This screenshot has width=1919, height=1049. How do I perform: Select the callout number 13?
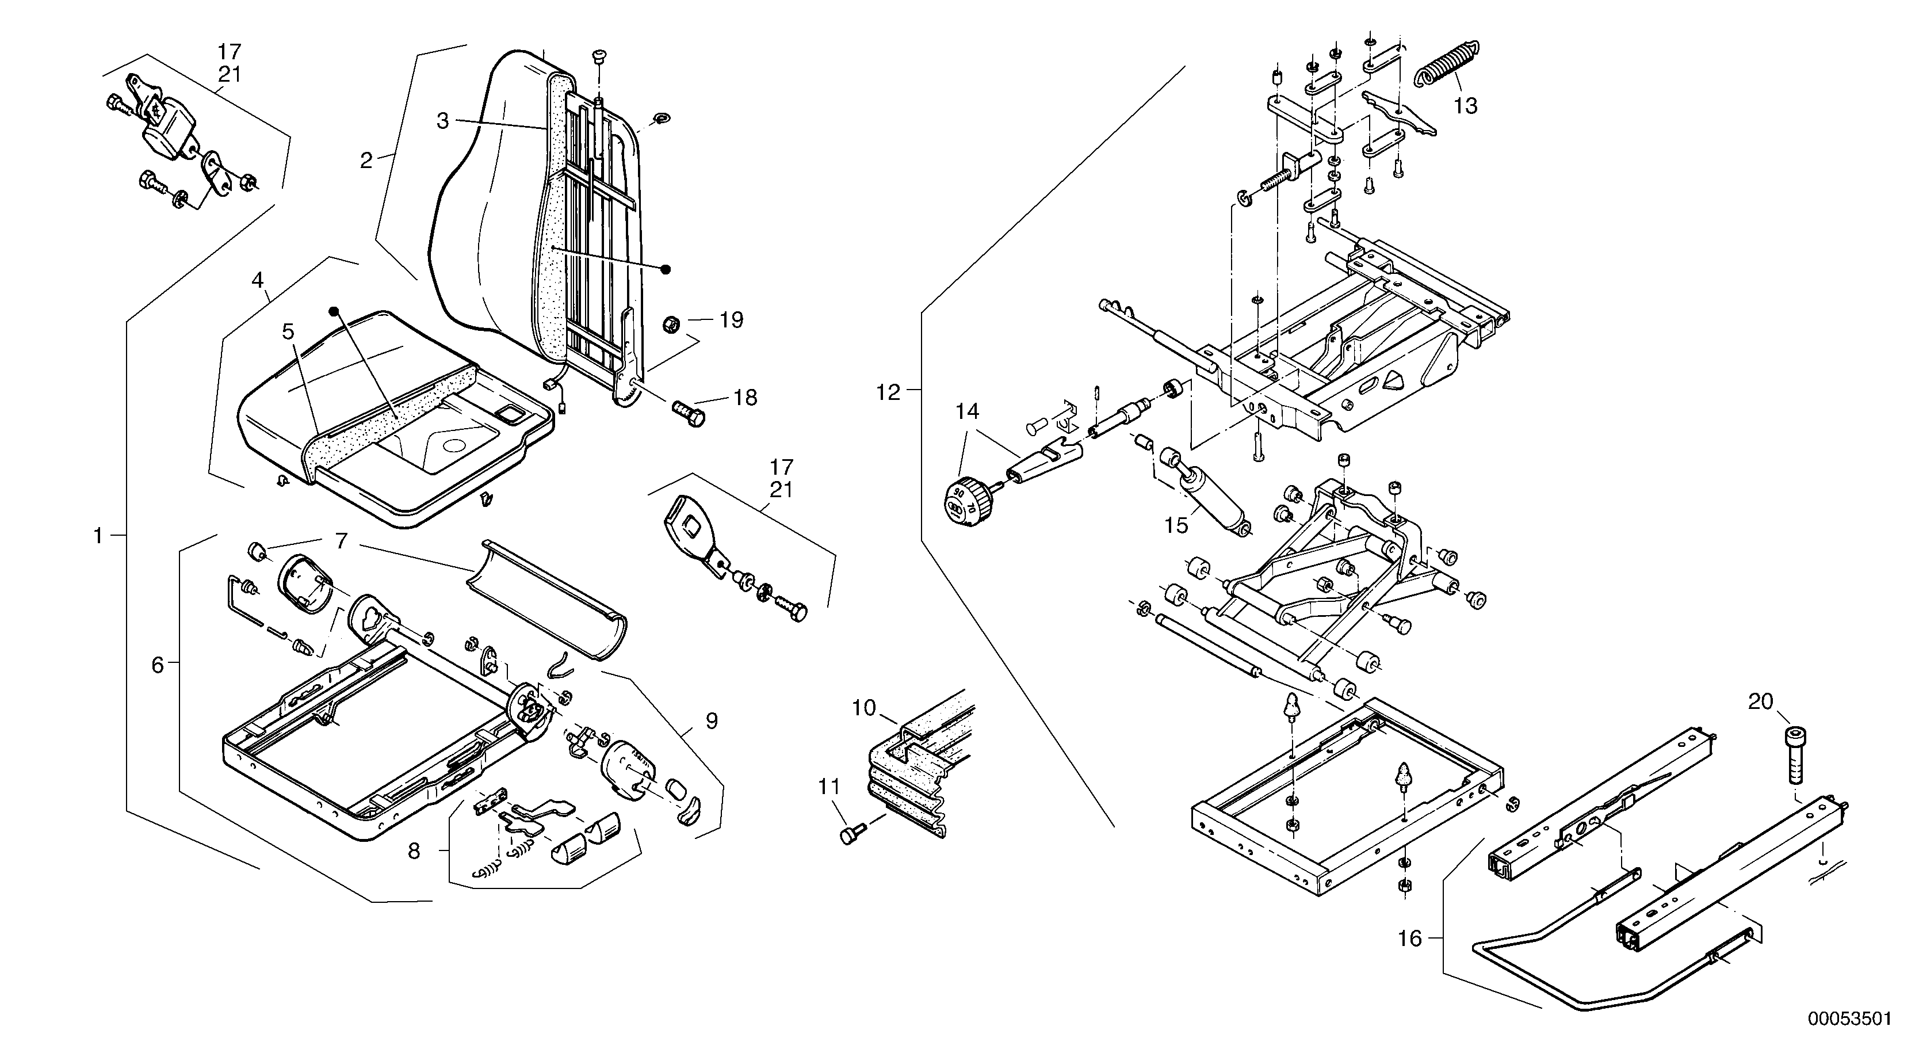tap(1465, 106)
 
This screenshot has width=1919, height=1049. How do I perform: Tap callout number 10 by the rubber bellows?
tap(863, 708)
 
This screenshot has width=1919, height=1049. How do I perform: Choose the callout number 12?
tap(888, 392)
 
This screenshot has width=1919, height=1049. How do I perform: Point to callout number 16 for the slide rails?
tap(1409, 939)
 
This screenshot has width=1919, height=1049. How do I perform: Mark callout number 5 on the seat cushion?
tap(288, 331)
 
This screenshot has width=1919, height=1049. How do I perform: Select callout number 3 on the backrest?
tap(442, 121)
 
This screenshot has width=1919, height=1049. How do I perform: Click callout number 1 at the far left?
tap(98, 536)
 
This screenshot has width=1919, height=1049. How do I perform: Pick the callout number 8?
tap(414, 851)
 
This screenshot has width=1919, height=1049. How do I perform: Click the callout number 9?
tap(712, 721)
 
